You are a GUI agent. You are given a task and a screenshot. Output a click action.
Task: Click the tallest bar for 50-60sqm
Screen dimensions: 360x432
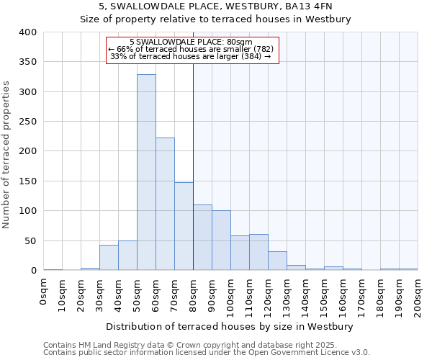point(146,173)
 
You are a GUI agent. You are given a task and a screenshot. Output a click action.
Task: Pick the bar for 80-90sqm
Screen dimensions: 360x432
point(202,238)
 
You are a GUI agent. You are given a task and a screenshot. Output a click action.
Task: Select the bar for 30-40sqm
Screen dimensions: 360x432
point(109,258)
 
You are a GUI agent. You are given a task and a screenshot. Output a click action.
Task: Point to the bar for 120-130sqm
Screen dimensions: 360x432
point(277,261)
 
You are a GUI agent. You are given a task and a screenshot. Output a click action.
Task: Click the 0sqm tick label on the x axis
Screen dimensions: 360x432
point(44,292)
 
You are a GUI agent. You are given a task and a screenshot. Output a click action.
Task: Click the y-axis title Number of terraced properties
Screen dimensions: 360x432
point(7,154)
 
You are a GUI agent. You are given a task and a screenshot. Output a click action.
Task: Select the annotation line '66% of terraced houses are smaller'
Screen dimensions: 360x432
point(192,50)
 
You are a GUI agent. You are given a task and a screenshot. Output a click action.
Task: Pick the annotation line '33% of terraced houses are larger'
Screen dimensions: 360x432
point(192,57)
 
